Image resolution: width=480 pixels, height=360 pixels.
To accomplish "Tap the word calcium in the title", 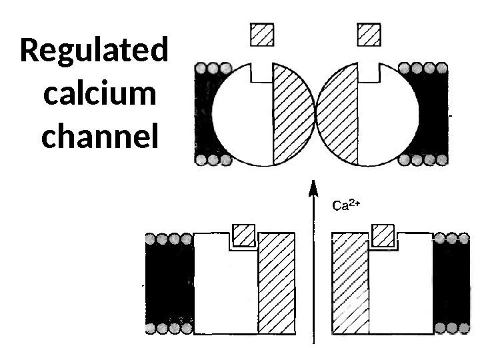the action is pyautogui.click(x=99, y=95).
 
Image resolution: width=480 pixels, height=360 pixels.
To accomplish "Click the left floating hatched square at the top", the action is pyautogui.click(x=262, y=34).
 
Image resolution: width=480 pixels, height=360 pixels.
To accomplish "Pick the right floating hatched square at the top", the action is pyautogui.click(x=369, y=34).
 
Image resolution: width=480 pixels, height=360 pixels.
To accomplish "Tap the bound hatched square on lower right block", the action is pyautogui.click(x=382, y=235).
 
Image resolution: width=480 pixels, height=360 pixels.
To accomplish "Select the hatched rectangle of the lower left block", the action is pyautogui.click(x=277, y=283).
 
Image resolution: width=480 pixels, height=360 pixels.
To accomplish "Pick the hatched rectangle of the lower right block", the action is pyautogui.click(x=351, y=283).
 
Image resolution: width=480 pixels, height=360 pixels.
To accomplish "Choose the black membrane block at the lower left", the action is pyautogui.click(x=169, y=283).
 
